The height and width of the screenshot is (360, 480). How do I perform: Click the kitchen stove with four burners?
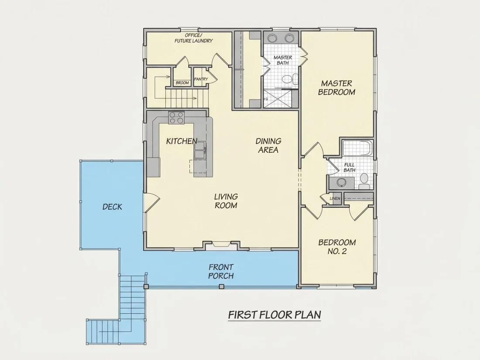click(176, 117)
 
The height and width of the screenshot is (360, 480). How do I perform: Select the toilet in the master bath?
click(289, 79)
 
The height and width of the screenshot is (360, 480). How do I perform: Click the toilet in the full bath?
click(364, 181)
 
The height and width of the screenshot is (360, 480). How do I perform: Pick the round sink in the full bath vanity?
click(341, 182)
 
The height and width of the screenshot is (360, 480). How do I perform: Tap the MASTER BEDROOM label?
click(336, 88)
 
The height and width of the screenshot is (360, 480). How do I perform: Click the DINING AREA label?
click(268, 145)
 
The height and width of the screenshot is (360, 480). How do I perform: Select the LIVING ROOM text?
click(226, 201)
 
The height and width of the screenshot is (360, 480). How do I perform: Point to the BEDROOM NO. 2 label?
click(337, 247)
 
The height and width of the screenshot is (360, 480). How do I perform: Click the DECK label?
click(112, 207)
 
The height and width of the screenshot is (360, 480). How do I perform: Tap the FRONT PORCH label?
click(221, 271)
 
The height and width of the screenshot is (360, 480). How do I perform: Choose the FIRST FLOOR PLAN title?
click(274, 315)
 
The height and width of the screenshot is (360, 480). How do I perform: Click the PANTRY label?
click(201, 79)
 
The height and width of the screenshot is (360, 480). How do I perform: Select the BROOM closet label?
click(182, 83)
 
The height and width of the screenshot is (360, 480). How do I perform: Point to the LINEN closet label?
click(335, 199)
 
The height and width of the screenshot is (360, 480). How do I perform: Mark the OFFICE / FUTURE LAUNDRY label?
click(193, 38)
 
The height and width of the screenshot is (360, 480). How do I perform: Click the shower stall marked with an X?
click(278, 99)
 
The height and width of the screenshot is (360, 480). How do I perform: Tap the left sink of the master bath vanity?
click(272, 38)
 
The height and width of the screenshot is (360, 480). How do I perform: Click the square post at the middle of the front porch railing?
click(222, 287)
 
